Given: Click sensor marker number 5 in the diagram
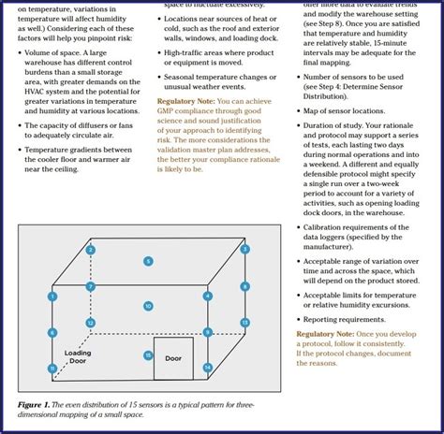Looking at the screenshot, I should click(x=148, y=261).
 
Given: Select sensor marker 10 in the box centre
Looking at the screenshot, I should click(x=148, y=306).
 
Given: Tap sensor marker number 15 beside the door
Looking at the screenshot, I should click(x=148, y=355).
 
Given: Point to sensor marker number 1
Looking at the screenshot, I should click(x=52, y=297).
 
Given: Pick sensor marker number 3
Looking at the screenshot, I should click(x=245, y=250).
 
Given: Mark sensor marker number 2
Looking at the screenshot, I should click(x=91, y=250).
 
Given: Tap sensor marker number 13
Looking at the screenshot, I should click(x=245, y=322).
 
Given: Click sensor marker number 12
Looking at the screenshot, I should click(x=91, y=323).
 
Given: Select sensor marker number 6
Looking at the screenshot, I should click(x=52, y=332).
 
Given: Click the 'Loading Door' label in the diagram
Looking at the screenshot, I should click(x=78, y=357).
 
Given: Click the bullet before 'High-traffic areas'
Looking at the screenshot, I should click(x=160, y=53).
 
